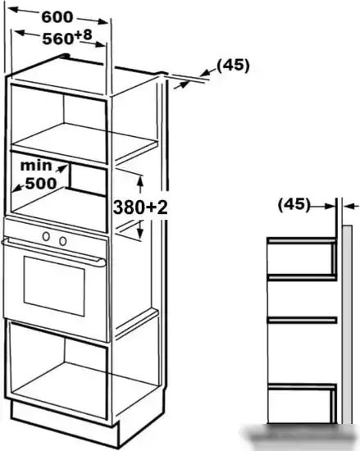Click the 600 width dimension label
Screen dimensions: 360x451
click(x=57, y=17)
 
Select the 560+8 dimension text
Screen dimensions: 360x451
click(x=67, y=38)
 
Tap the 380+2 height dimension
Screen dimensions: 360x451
click(x=140, y=207)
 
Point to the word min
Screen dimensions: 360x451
click(x=36, y=166)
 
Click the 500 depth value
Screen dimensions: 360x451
click(x=41, y=183)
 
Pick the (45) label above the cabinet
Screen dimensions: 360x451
click(x=233, y=66)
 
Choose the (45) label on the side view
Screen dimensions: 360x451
click(x=294, y=205)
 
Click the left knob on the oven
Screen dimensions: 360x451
click(x=46, y=236)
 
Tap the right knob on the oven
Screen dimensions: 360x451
click(x=63, y=241)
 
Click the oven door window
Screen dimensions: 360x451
click(x=54, y=286)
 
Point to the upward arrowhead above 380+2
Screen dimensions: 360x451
click(x=140, y=180)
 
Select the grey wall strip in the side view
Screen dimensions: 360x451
click(x=347, y=325)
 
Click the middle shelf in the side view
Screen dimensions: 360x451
click(x=302, y=320)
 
